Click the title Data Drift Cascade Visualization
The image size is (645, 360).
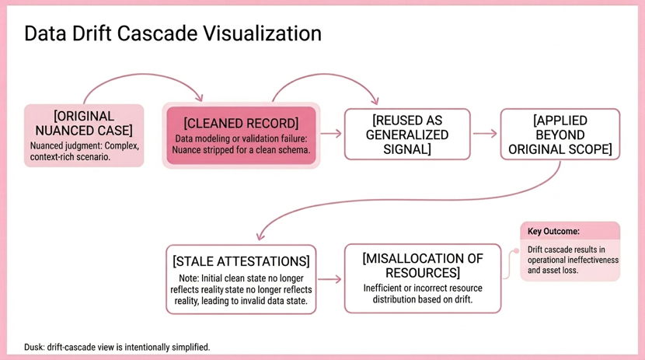173,34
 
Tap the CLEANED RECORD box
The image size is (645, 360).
241,135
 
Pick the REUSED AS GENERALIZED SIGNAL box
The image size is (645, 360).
407,135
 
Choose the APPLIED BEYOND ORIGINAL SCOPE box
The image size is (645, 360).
560,135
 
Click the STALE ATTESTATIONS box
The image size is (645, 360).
241,279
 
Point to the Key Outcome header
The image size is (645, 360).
553,231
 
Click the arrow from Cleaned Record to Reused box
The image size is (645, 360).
331,134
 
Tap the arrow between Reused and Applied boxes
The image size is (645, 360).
485,134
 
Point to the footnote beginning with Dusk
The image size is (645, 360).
117,347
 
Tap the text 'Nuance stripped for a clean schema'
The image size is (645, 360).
241,149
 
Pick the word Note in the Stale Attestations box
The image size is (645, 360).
189,278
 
